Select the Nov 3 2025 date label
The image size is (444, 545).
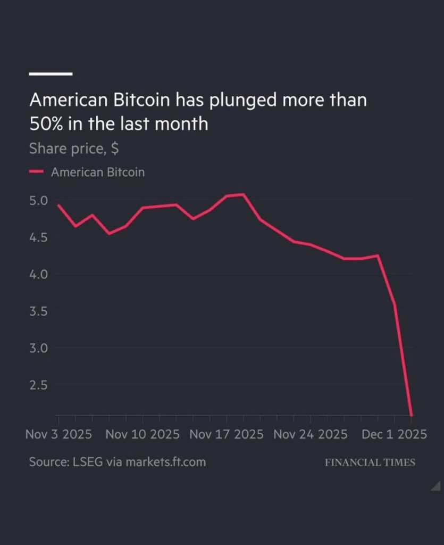tap(58, 434)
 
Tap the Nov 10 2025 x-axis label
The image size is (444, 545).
tap(143, 434)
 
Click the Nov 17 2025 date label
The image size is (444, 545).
tap(227, 434)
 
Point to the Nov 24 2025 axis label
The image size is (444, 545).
tap(311, 434)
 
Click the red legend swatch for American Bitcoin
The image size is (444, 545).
tap(36, 172)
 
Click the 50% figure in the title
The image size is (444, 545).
tap(48, 123)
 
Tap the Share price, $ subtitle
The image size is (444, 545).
tap(73, 148)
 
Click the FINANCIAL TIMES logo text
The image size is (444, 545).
tap(370, 462)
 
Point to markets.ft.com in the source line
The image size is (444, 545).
tap(165, 462)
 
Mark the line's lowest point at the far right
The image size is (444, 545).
tap(412, 415)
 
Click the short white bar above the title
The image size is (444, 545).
tap(51, 73)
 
